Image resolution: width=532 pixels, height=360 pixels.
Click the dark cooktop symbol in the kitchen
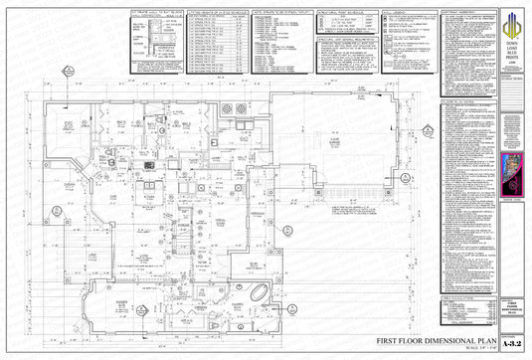148,164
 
